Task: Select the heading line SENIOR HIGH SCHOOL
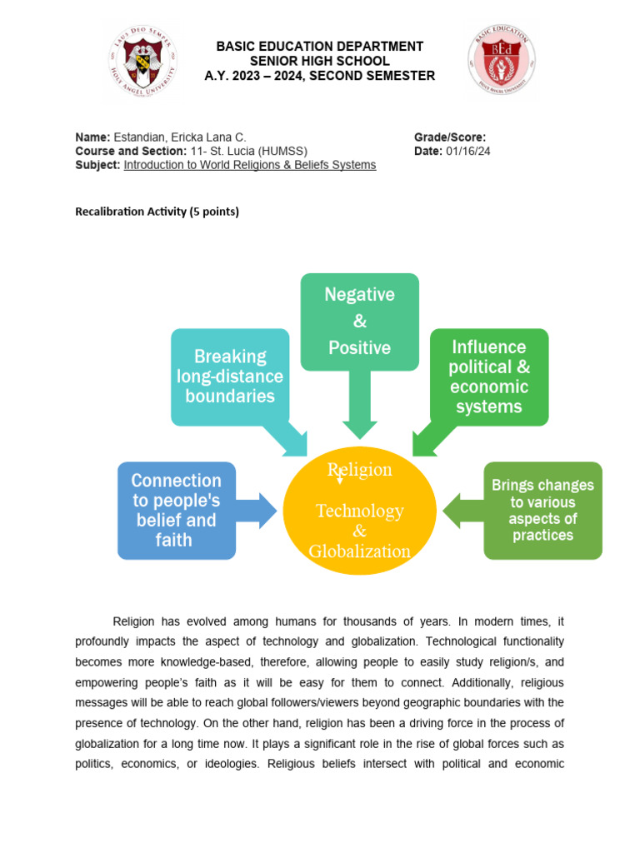320,61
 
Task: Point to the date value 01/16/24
468,151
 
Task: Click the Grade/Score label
450,137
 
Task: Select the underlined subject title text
250,165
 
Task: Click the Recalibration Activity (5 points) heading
157,212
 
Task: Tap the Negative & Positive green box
359,321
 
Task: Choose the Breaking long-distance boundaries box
230,376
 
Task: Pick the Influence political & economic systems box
488,377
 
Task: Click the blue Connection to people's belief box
177,510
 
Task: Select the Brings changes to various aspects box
542,510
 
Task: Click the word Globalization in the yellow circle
359,551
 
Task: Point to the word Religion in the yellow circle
360,470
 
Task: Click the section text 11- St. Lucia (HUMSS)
248,151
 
